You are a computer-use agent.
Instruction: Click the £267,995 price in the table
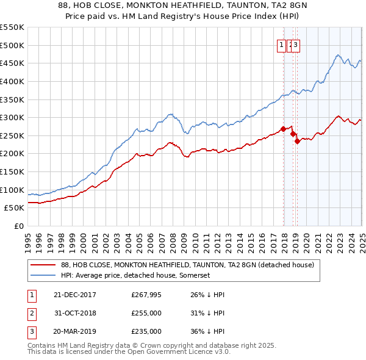coord(146,294)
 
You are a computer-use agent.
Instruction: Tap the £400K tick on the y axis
coord(12,81)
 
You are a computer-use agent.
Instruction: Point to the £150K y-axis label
coord(12,171)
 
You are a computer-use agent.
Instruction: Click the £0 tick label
coord(19,226)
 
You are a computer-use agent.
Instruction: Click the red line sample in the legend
coord(43,265)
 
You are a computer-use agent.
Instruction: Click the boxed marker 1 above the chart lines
coord(282,44)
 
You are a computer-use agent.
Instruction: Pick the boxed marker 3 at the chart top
coord(295,44)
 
